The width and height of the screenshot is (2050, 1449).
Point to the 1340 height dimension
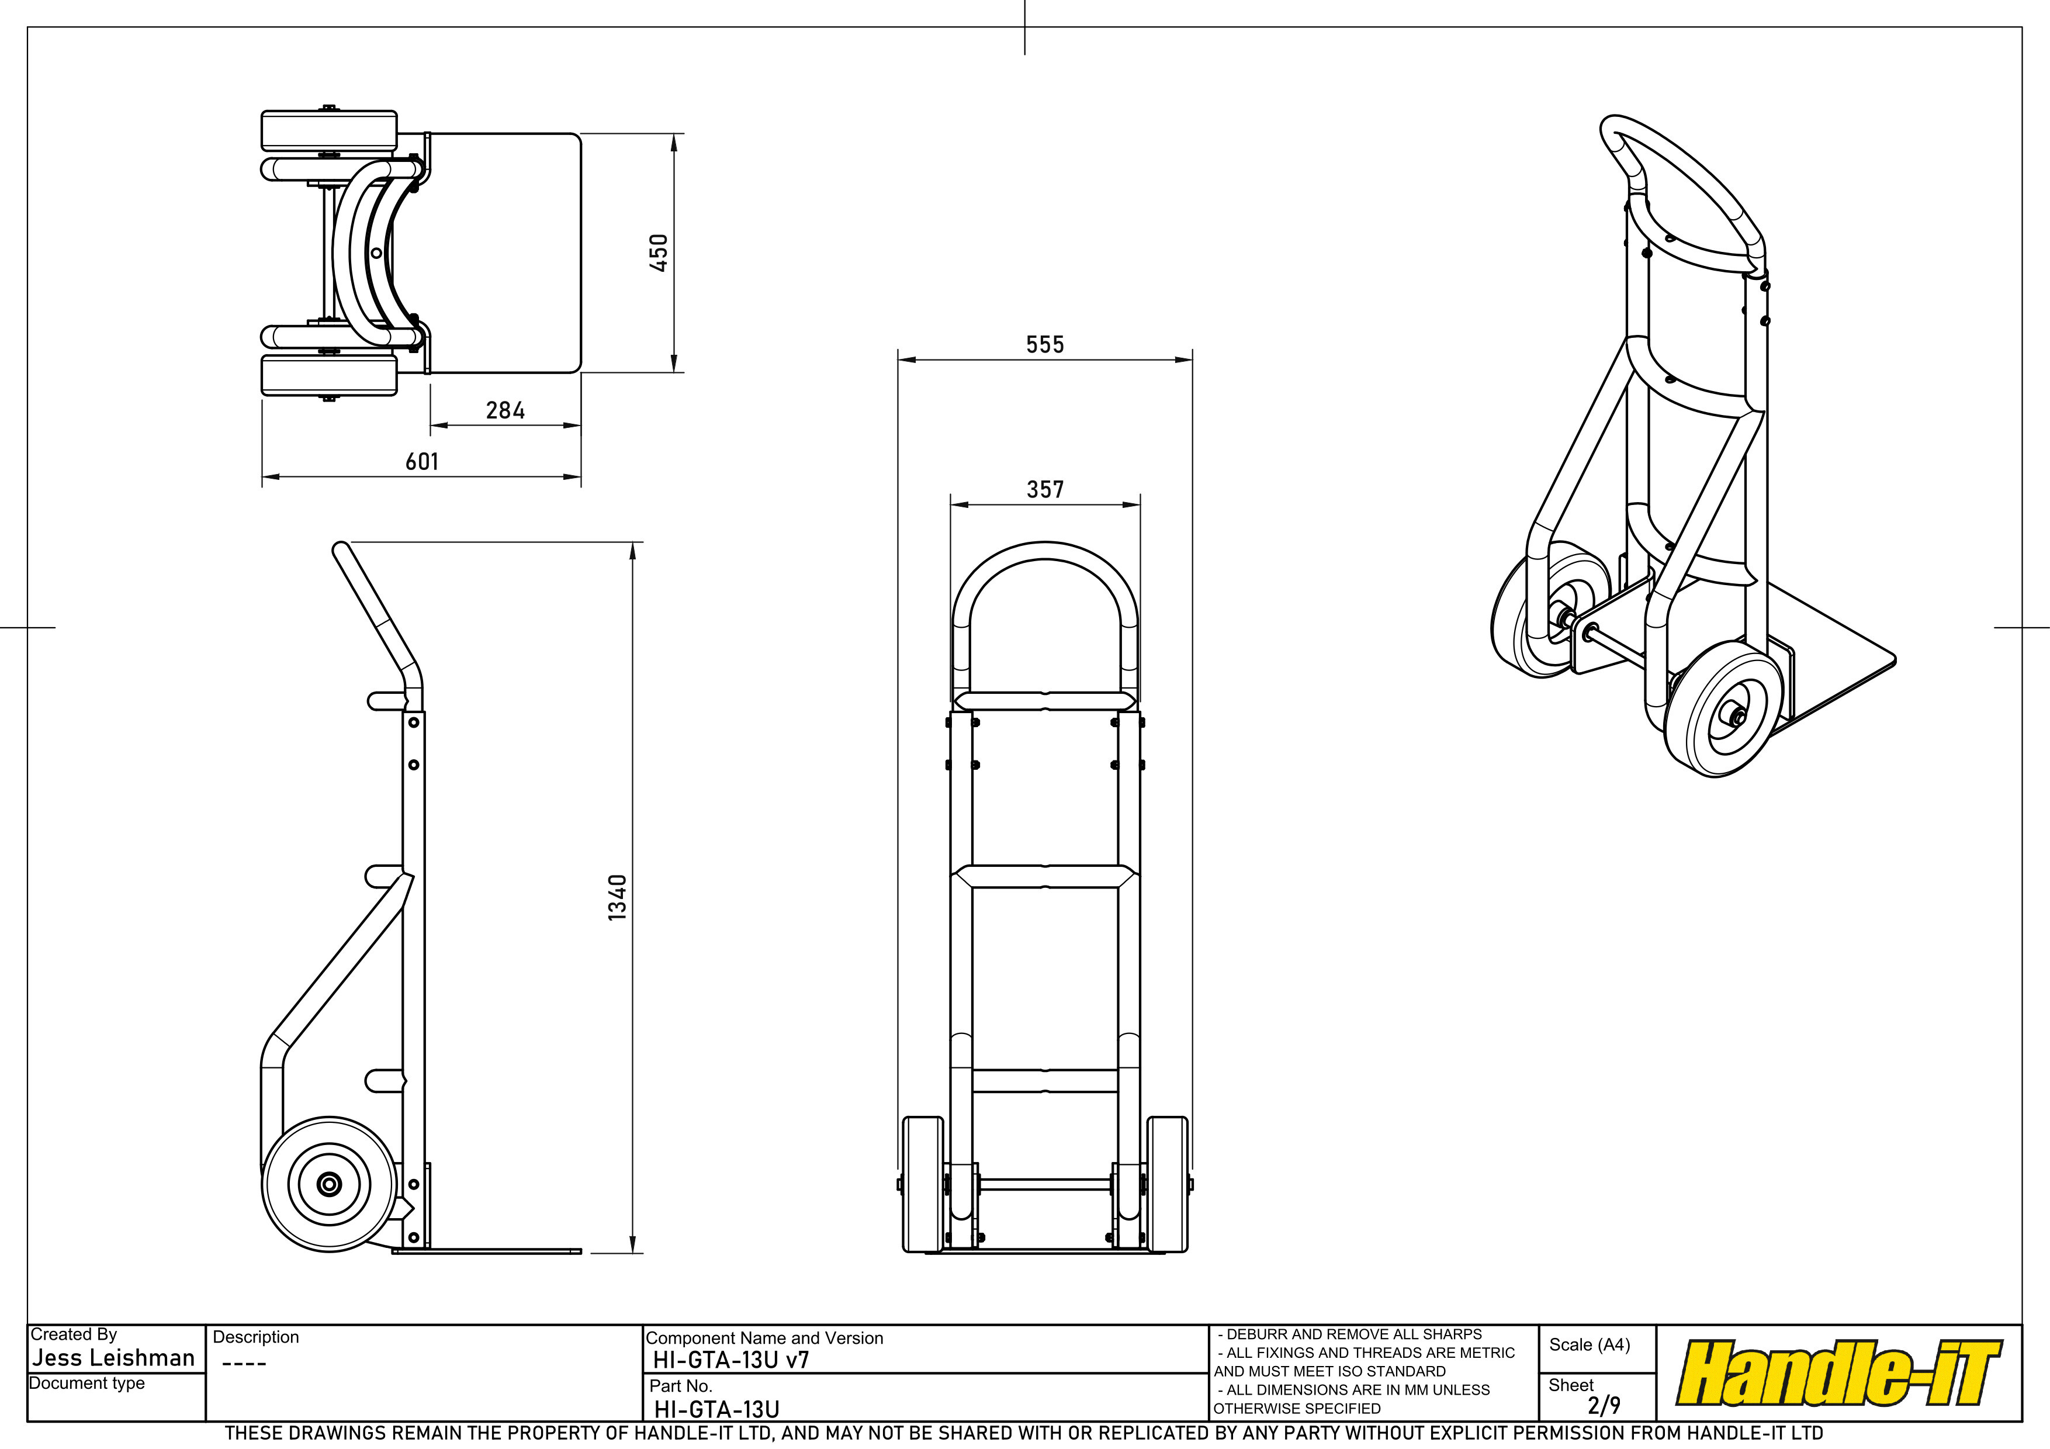point(617,897)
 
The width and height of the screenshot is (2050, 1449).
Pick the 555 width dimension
point(1045,345)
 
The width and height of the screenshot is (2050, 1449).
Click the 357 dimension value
point(1045,489)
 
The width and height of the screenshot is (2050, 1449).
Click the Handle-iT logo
point(1839,1372)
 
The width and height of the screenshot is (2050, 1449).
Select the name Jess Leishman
point(113,1358)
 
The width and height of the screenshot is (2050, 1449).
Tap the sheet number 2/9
point(1604,1405)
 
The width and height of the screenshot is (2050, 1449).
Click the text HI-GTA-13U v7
point(731,1360)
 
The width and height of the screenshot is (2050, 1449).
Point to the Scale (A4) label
point(1590,1344)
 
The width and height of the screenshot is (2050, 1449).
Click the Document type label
point(86,1383)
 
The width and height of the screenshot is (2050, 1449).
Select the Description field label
point(255,1337)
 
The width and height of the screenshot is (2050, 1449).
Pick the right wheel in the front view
point(1167,1184)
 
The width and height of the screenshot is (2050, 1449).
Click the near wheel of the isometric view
point(1724,710)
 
